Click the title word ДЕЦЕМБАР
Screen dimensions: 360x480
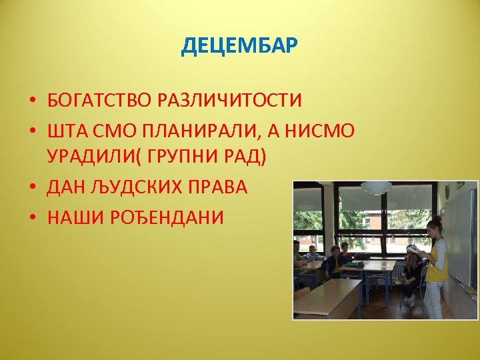[239, 47]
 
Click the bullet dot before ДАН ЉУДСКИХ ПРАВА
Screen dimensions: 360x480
[32, 188]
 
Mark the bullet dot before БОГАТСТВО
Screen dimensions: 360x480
[32, 101]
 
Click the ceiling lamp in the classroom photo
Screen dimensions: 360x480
[377, 189]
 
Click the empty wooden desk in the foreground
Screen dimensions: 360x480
[328, 297]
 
